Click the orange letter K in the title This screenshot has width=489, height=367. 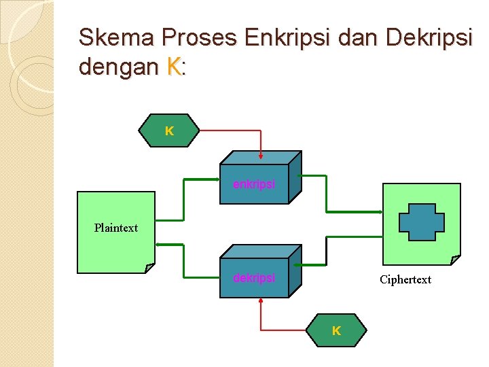coord(174,67)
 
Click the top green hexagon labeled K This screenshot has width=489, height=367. coord(169,130)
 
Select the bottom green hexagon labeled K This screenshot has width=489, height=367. coord(336,331)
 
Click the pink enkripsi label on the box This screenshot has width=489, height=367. coord(254,184)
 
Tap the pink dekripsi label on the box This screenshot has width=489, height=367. coord(254,278)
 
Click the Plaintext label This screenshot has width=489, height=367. coord(116,228)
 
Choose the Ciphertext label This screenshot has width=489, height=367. coord(405,279)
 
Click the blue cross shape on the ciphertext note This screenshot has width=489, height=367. coord(421,222)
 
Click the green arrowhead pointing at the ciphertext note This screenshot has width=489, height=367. coord(380,211)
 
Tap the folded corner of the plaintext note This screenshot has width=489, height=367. coord(150,268)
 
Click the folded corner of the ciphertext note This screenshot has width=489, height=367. coord(456,260)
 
